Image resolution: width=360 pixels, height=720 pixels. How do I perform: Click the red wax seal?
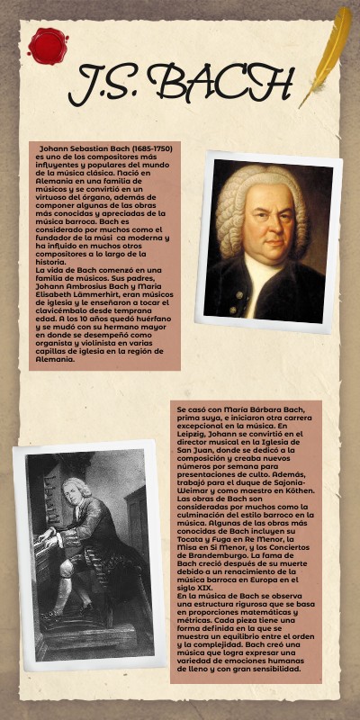pos(48,46)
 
